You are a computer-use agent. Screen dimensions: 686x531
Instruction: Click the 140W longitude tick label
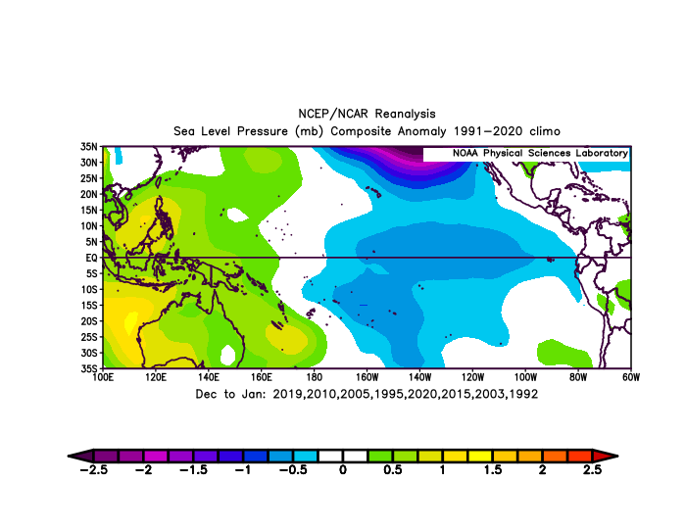click(x=419, y=377)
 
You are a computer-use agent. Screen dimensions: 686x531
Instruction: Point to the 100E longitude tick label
click(x=103, y=377)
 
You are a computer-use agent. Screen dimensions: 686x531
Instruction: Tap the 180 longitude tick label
click(x=315, y=377)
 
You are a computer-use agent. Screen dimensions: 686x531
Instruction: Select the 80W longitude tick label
click(x=578, y=377)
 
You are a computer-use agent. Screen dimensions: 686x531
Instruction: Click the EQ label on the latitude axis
click(x=91, y=258)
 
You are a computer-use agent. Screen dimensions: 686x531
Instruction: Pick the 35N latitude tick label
click(x=89, y=147)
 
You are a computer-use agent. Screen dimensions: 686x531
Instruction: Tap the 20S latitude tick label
click(x=89, y=321)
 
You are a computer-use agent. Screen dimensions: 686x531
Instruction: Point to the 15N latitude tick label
click(x=89, y=210)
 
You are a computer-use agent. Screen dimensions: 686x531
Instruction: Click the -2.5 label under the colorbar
click(x=94, y=469)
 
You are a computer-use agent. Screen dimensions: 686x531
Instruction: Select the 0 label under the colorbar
click(x=343, y=469)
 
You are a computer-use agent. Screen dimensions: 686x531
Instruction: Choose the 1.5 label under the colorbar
click(x=493, y=469)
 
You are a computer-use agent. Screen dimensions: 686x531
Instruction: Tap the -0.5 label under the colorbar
click(x=293, y=469)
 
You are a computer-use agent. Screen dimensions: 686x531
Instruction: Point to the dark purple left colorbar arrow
click(x=80, y=456)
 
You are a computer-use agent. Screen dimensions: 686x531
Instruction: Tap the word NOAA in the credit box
click(x=465, y=153)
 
